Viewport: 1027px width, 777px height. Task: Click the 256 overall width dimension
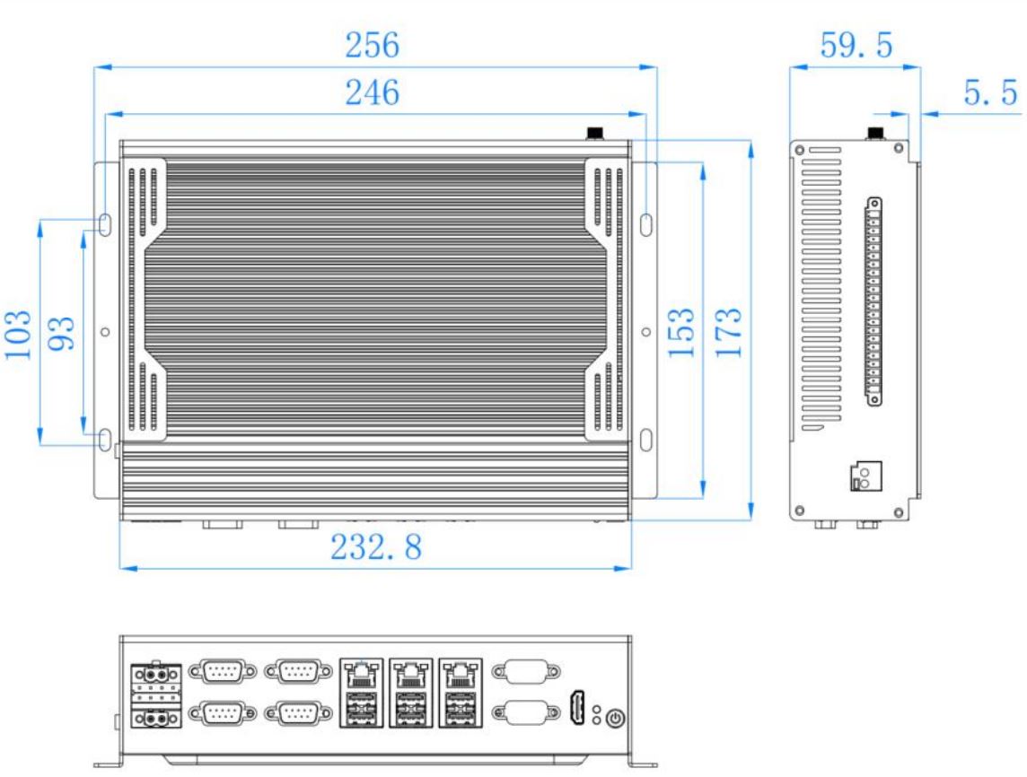[x=372, y=45]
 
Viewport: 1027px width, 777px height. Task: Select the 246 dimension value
[x=372, y=92]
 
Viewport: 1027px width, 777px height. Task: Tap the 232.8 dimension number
[x=376, y=547]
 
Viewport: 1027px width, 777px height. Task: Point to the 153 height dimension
[x=681, y=333]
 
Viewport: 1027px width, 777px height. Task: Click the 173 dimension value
[x=728, y=333]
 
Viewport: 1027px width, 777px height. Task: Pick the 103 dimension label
[x=18, y=335]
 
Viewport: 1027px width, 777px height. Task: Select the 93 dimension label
[x=62, y=334]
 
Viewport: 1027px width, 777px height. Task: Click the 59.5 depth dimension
[x=856, y=45]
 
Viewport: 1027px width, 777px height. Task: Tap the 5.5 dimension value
[x=990, y=92]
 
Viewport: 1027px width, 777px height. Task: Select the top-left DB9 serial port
[x=223, y=671]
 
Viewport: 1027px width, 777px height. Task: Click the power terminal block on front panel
[x=156, y=695]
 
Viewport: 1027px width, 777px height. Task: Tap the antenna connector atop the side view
[x=875, y=134]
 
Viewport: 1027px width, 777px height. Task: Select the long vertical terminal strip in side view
[x=873, y=301]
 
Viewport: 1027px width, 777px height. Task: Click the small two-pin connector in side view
[x=866, y=476]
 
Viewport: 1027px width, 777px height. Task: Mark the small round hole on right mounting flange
[x=645, y=332]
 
